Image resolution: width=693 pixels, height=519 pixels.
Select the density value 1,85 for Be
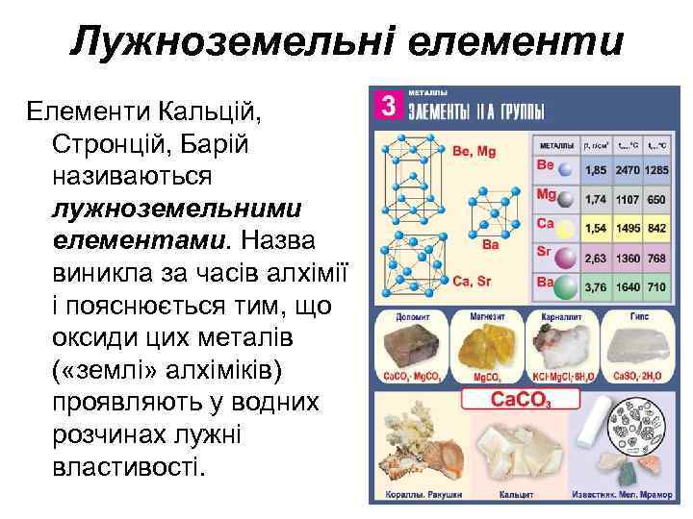point(596,170)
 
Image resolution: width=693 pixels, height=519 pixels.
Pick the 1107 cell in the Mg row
point(628,200)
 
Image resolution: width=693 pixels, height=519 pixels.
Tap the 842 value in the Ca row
point(656,229)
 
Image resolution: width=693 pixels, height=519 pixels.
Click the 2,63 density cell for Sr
point(596,259)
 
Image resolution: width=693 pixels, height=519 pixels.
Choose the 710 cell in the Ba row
point(656,287)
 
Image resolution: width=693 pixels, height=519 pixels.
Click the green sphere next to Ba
point(567,286)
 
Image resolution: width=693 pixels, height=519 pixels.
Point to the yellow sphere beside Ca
point(567,229)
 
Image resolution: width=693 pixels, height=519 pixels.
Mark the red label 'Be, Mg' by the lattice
point(474,151)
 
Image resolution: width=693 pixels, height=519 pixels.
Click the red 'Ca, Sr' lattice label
point(473,281)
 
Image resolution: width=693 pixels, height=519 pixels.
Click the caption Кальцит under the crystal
point(516,494)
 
